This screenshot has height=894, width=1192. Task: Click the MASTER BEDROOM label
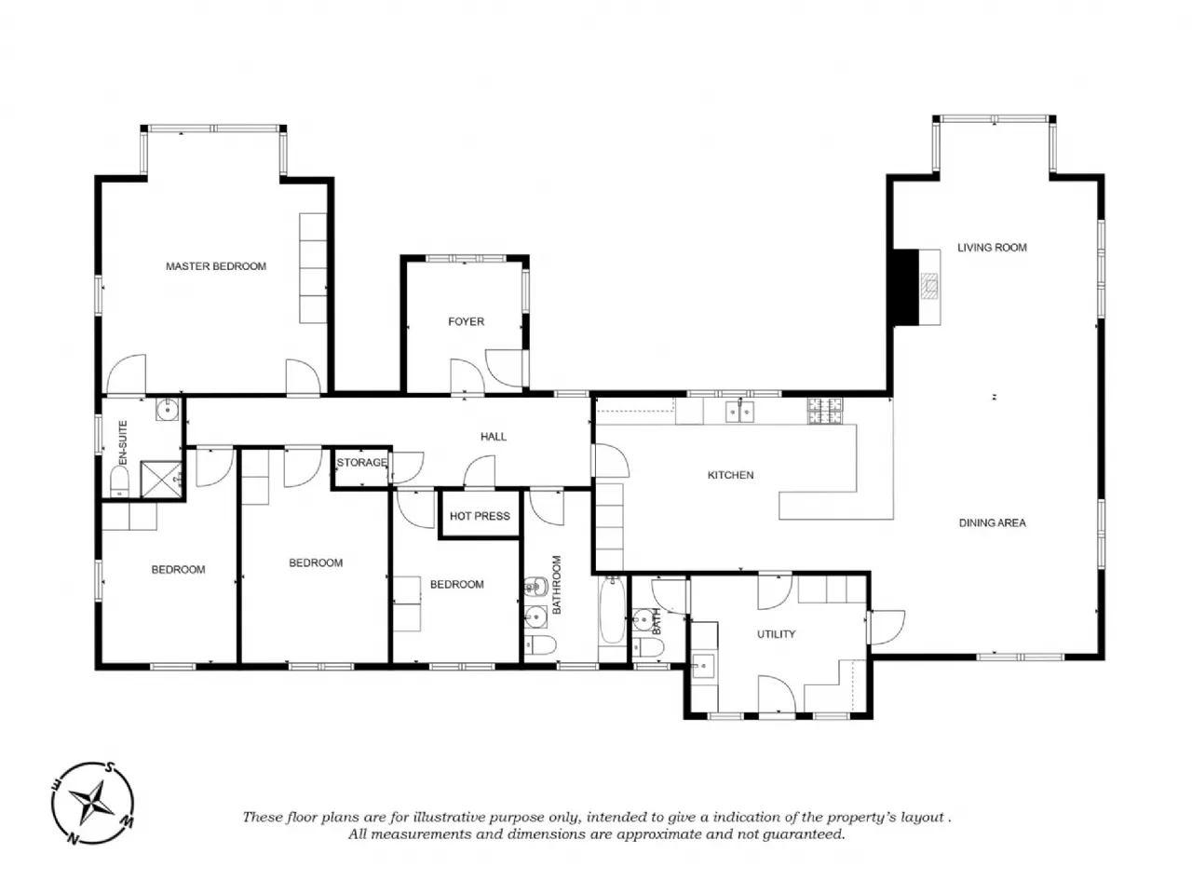point(216,266)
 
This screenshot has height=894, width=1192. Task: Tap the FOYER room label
point(466,321)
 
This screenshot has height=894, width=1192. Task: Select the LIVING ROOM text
point(992,248)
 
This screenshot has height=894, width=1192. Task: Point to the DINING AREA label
point(992,522)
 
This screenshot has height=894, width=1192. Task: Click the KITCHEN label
point(730,475)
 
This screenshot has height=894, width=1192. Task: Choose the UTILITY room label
point(776,634)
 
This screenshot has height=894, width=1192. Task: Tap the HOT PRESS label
point(480,516)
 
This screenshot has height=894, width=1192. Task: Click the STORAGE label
point(361,463)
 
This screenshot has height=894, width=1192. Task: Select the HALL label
point(493,437)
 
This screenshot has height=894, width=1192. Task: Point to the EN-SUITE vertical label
point(123,442)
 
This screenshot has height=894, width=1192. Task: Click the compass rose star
point(92,803)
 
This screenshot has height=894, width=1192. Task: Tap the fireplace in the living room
point(917,287)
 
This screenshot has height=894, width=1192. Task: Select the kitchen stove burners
point(825,411)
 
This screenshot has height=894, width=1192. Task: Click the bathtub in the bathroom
point(613,611)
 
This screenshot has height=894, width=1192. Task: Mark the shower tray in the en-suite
point(161,480)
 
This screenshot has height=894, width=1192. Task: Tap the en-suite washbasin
point(168,409)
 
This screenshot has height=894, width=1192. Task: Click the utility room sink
point(704,666)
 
